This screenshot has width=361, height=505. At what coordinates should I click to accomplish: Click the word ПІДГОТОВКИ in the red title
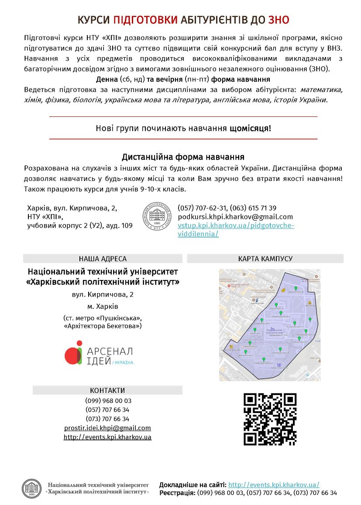[x=145, y=20]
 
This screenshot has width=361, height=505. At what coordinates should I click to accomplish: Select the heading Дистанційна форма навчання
[x=183, y=157]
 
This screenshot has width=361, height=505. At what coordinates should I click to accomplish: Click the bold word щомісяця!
[x=250, y=128]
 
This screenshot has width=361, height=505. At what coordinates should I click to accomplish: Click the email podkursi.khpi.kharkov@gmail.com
[x=235, y=217]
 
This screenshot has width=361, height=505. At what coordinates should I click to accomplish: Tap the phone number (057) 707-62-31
[x=202, y=208]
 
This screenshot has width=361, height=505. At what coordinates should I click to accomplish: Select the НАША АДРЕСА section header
[x=103, y=259]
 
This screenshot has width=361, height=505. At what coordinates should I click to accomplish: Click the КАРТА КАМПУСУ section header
[x=265, y=259]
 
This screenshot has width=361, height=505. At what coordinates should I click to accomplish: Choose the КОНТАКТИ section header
[x=107, y=390]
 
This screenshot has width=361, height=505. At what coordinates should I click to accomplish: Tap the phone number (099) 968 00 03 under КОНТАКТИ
[x=108, y=401]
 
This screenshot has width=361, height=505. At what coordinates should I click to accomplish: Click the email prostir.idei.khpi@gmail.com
[x=107, y=428]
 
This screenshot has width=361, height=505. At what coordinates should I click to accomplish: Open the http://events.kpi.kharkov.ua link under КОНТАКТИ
[x=107, y=437]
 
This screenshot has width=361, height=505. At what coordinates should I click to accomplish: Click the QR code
[x=270, y=419]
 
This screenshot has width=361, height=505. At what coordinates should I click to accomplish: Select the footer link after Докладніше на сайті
[x=274, y=485]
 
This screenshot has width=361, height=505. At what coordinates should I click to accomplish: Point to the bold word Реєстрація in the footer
[x=177, y=493]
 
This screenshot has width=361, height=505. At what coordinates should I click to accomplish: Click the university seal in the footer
[x=31, y=488]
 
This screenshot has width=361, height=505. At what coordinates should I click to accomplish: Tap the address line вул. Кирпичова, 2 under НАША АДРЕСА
[x=103, y=294]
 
